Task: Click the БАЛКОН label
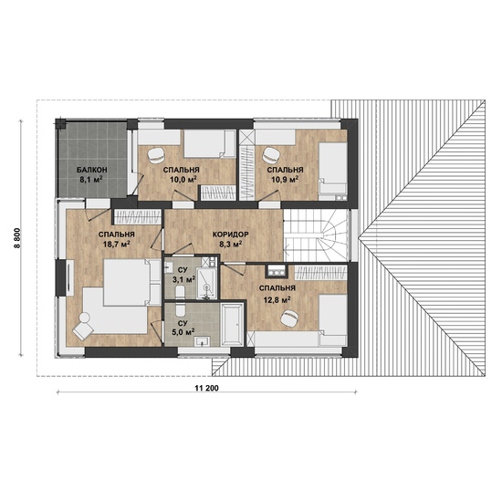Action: pyautogui.click(x=91, y=170)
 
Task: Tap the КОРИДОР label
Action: pyautogui.click(x=231, y=235)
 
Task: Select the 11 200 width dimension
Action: pyautogui.click(x=207, y=389)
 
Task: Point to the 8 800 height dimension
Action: pyautogui.click(x=17, y=237)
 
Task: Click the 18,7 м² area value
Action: pyautogui.click(x=116, y=245)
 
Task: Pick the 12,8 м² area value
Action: pyautogui.click(x=277, y=300)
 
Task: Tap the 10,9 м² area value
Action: pyautogui.click(x=285, y=180)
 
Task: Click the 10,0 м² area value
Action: pyautogui.click(x=183, y=180)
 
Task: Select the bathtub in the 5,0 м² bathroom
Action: pyautogui.click(x=233, y=325)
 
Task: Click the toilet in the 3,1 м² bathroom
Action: pyautogui.click(x=180, y=291)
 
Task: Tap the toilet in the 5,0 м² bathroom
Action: pyautogui.click(x=181, y=310)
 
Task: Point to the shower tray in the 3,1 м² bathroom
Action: pyautogui.click(x=206, y=284)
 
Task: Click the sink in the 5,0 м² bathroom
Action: pyautogui.click(x=202, y=341)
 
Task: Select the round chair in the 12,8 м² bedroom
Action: pyautogui.click(x=289, y=318)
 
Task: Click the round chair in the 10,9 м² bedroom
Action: pyautogui.click(x=271, y=154)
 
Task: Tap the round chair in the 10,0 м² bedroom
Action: pyautogui.click(x=156, y=155)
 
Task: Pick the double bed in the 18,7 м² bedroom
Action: pyautogui.click(x=132, y=282)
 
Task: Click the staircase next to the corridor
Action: pyautogui.click(x=317, y=235)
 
